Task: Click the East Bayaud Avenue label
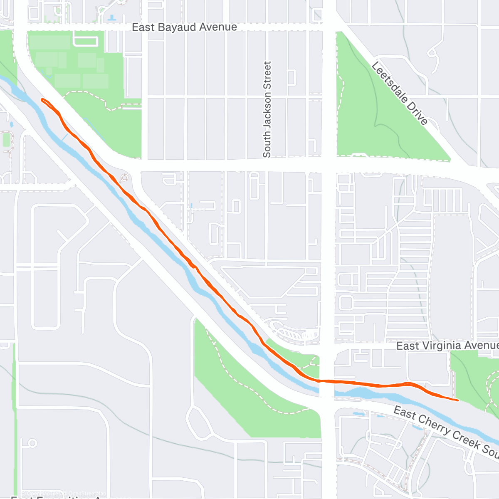click(x=184, y=27)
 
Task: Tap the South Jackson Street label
click(x=267, y=109)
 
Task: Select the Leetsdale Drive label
click(x=399, y=93)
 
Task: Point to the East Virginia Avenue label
click(x=447, y=346)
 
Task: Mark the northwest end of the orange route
click(x=42, y=99)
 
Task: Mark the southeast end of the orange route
click(x=457, y=400)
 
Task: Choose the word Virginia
click(x=441, y=346)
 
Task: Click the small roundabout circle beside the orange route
click(x=124, y=178)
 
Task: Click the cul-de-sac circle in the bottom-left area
click(x=32, y=443)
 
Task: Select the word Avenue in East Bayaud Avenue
click(x=218, y=27)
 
